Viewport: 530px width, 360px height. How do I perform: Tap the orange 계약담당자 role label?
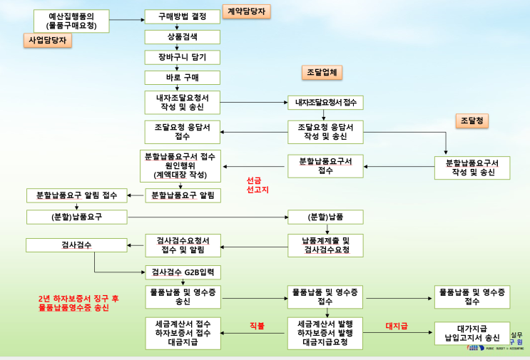coord(246,11)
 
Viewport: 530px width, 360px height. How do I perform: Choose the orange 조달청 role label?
coord(472,121)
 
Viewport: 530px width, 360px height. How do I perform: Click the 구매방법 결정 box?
coord(182,16)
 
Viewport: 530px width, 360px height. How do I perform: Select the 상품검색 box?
coord(182,36)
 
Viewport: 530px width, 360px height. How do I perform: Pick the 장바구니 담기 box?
coord(182,57)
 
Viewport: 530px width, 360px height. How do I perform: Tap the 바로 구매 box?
coord(182,77)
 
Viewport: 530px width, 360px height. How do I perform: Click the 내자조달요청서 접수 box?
coord(325,103)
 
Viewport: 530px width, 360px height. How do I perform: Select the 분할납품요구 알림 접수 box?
coord(76,195)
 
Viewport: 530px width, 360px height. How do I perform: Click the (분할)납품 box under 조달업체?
coord(325,216)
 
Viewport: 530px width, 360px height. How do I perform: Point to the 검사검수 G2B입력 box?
coord(182,272)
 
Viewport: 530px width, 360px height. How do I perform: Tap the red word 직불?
coord(257,326)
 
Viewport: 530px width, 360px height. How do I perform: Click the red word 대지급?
coord(396,326)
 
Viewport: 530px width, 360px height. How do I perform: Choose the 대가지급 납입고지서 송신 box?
coord(472,333)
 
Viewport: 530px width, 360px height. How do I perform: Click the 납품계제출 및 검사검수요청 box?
coord(325,245)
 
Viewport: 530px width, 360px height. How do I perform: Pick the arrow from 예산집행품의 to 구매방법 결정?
coord(126,16)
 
